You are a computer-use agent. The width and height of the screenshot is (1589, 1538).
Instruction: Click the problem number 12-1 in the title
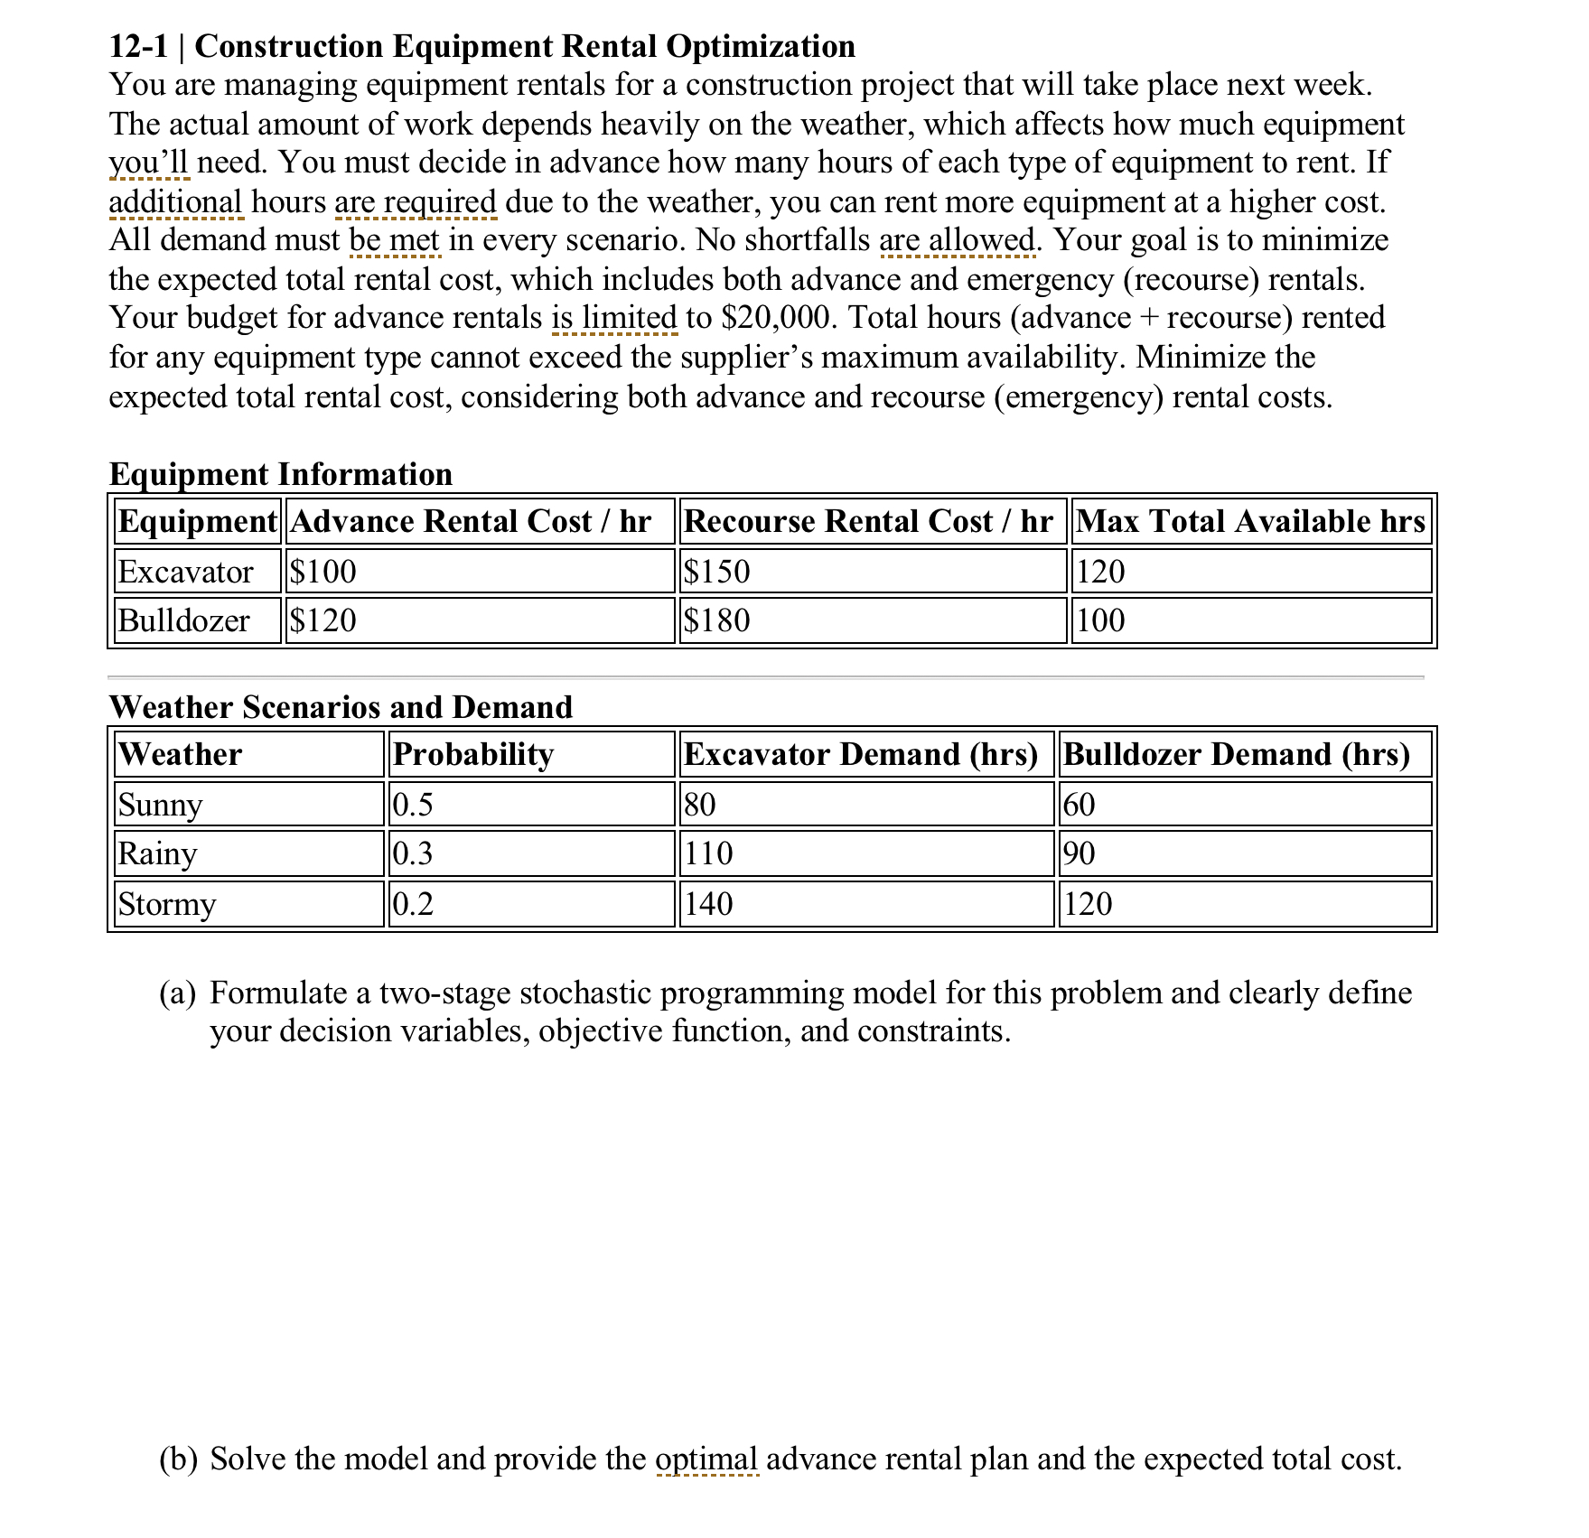[x=137, y=46]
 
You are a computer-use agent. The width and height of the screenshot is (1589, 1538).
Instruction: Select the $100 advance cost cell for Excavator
[x=323, y=572]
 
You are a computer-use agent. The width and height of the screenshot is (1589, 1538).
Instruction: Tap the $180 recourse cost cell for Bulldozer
[x=716, y=620]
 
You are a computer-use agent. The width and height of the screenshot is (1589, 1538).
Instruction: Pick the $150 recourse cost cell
[x=716, y=572]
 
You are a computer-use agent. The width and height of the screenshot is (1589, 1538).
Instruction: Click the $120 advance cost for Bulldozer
[x=323, y=620]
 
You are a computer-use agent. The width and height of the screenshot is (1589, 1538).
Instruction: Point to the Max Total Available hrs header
[x=1250, y=521]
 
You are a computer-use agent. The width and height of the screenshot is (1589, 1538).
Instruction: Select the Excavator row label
[x=185, y=572]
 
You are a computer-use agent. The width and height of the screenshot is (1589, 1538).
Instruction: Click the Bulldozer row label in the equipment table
[x=183, y=620]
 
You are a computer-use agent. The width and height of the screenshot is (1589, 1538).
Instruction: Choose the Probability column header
[x=473, y=754]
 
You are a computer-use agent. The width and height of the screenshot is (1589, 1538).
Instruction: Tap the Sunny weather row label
[x=160, y=805]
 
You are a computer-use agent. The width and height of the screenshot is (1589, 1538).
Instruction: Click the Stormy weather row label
[x=167, y=904]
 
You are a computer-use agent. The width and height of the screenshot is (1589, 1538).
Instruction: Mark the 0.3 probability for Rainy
[x=413, y=853]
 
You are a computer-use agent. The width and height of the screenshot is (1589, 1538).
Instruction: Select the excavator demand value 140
[x=708, y=904]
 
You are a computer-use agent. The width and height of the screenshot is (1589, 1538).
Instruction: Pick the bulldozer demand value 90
[x=1079, y=853]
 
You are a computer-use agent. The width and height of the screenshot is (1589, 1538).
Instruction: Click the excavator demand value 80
[x=699, y=805]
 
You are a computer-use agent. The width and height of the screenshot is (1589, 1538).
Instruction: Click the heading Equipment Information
[x=280, y=474]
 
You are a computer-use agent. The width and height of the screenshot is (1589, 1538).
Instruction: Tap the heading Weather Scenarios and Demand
[x=341, y=706]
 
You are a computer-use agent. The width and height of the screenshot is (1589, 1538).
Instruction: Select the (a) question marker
[x=177, y=993]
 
